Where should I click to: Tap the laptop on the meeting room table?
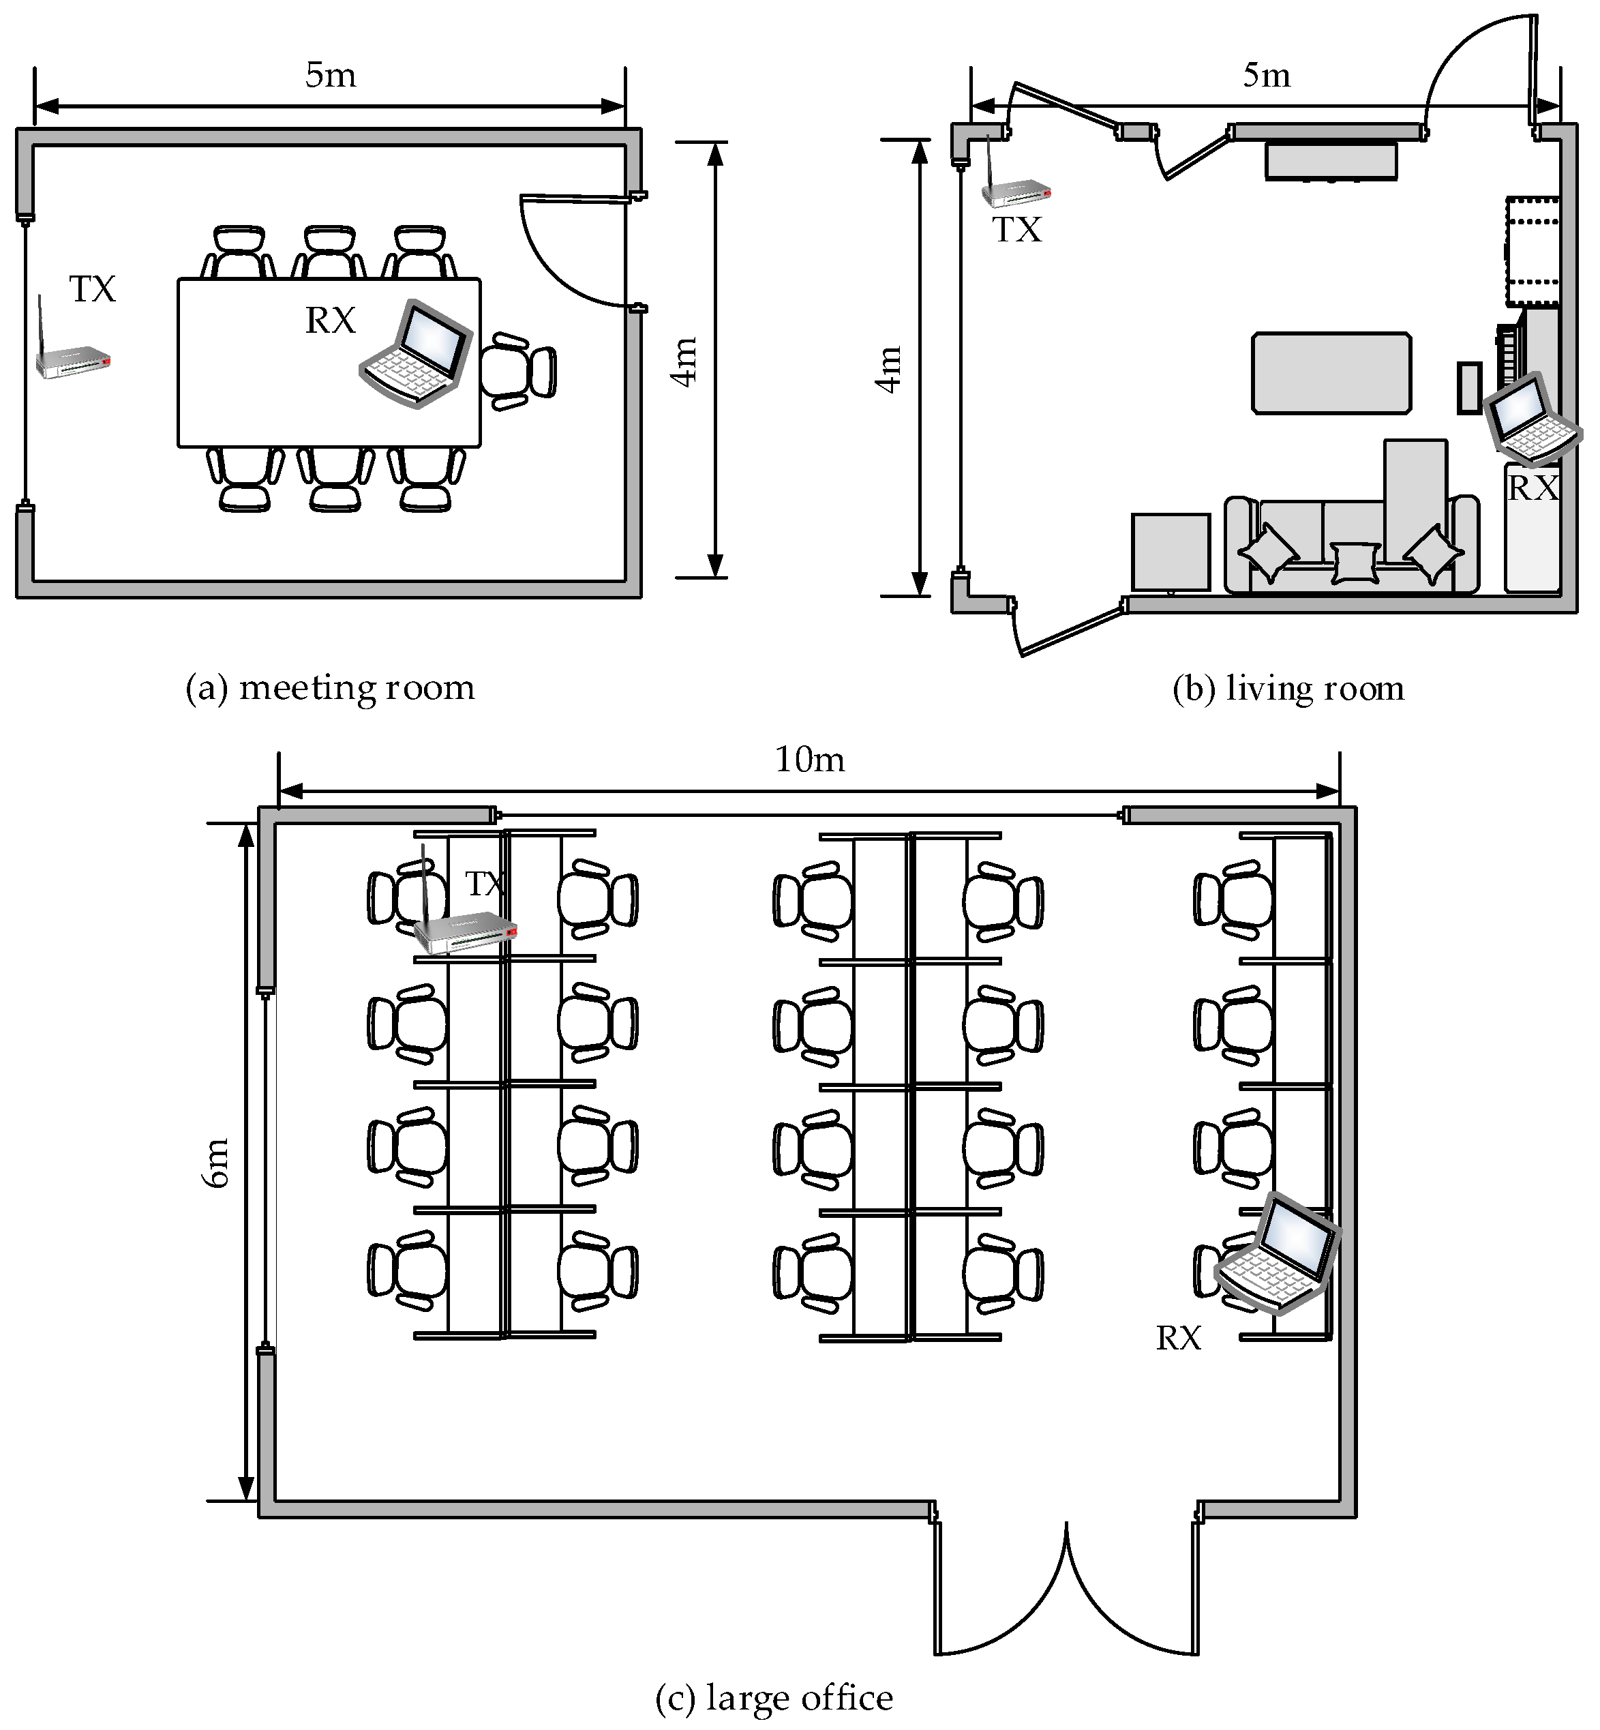(417, 353)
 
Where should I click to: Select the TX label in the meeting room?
(93, 289)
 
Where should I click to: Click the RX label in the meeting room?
(330, 320)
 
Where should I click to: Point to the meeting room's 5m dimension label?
(330, 75)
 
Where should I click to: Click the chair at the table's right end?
(517, 372)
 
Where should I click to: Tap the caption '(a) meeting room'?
(330, 688)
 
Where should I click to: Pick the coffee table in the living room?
(1331, 373)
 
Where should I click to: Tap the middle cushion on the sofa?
(1356, 562)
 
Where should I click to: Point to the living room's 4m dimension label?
(889, 370)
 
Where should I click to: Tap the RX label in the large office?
(1178, 1339)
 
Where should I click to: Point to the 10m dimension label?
(809, 760)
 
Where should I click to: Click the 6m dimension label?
(217, 1163)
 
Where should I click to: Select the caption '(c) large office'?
(774, 1699)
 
